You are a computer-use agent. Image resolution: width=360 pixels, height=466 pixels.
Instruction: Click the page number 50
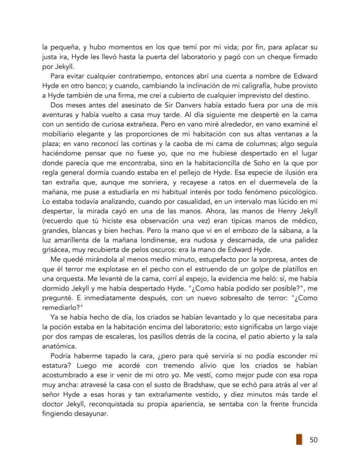point(313,439)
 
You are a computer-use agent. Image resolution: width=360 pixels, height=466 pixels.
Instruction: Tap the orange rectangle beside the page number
point(299,439)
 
